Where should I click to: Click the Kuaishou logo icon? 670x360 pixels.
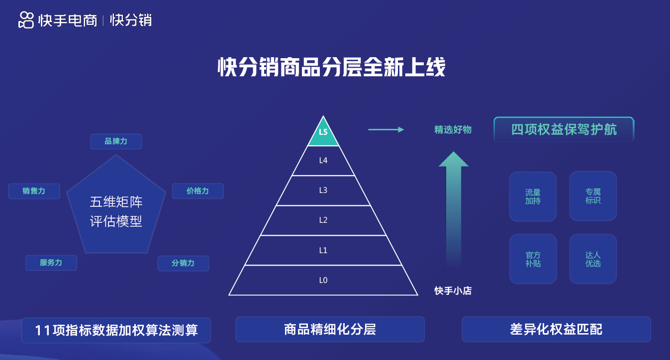pos(26,20)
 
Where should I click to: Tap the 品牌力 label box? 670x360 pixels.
pos(116,141)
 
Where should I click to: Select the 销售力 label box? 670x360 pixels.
pos(34,191)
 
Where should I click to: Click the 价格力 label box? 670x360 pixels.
pos(197,191)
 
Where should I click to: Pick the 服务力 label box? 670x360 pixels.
pos(51,263)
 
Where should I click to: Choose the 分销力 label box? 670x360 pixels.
pos(184,263)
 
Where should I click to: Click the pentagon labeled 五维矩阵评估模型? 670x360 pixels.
pos(116,206)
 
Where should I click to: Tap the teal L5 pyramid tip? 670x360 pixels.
pos(323,134)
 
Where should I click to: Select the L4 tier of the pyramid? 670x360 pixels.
pos(323,161)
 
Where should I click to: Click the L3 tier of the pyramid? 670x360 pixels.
pos(323,190)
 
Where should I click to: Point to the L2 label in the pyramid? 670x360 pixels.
pos(323,220)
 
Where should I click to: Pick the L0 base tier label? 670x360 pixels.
pos(323,280)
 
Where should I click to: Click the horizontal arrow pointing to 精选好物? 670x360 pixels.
pos(386,129)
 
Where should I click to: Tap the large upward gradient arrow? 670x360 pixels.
pos(454,209)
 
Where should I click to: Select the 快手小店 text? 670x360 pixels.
pos(453,290)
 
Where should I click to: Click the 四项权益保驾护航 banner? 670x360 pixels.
pos(564,129)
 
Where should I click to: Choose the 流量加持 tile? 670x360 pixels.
pos(533,196)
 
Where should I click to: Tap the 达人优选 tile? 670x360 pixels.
pos(593,259)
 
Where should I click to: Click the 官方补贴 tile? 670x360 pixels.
pos(533,259)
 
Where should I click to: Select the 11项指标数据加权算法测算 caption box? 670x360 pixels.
pos(116,330)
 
